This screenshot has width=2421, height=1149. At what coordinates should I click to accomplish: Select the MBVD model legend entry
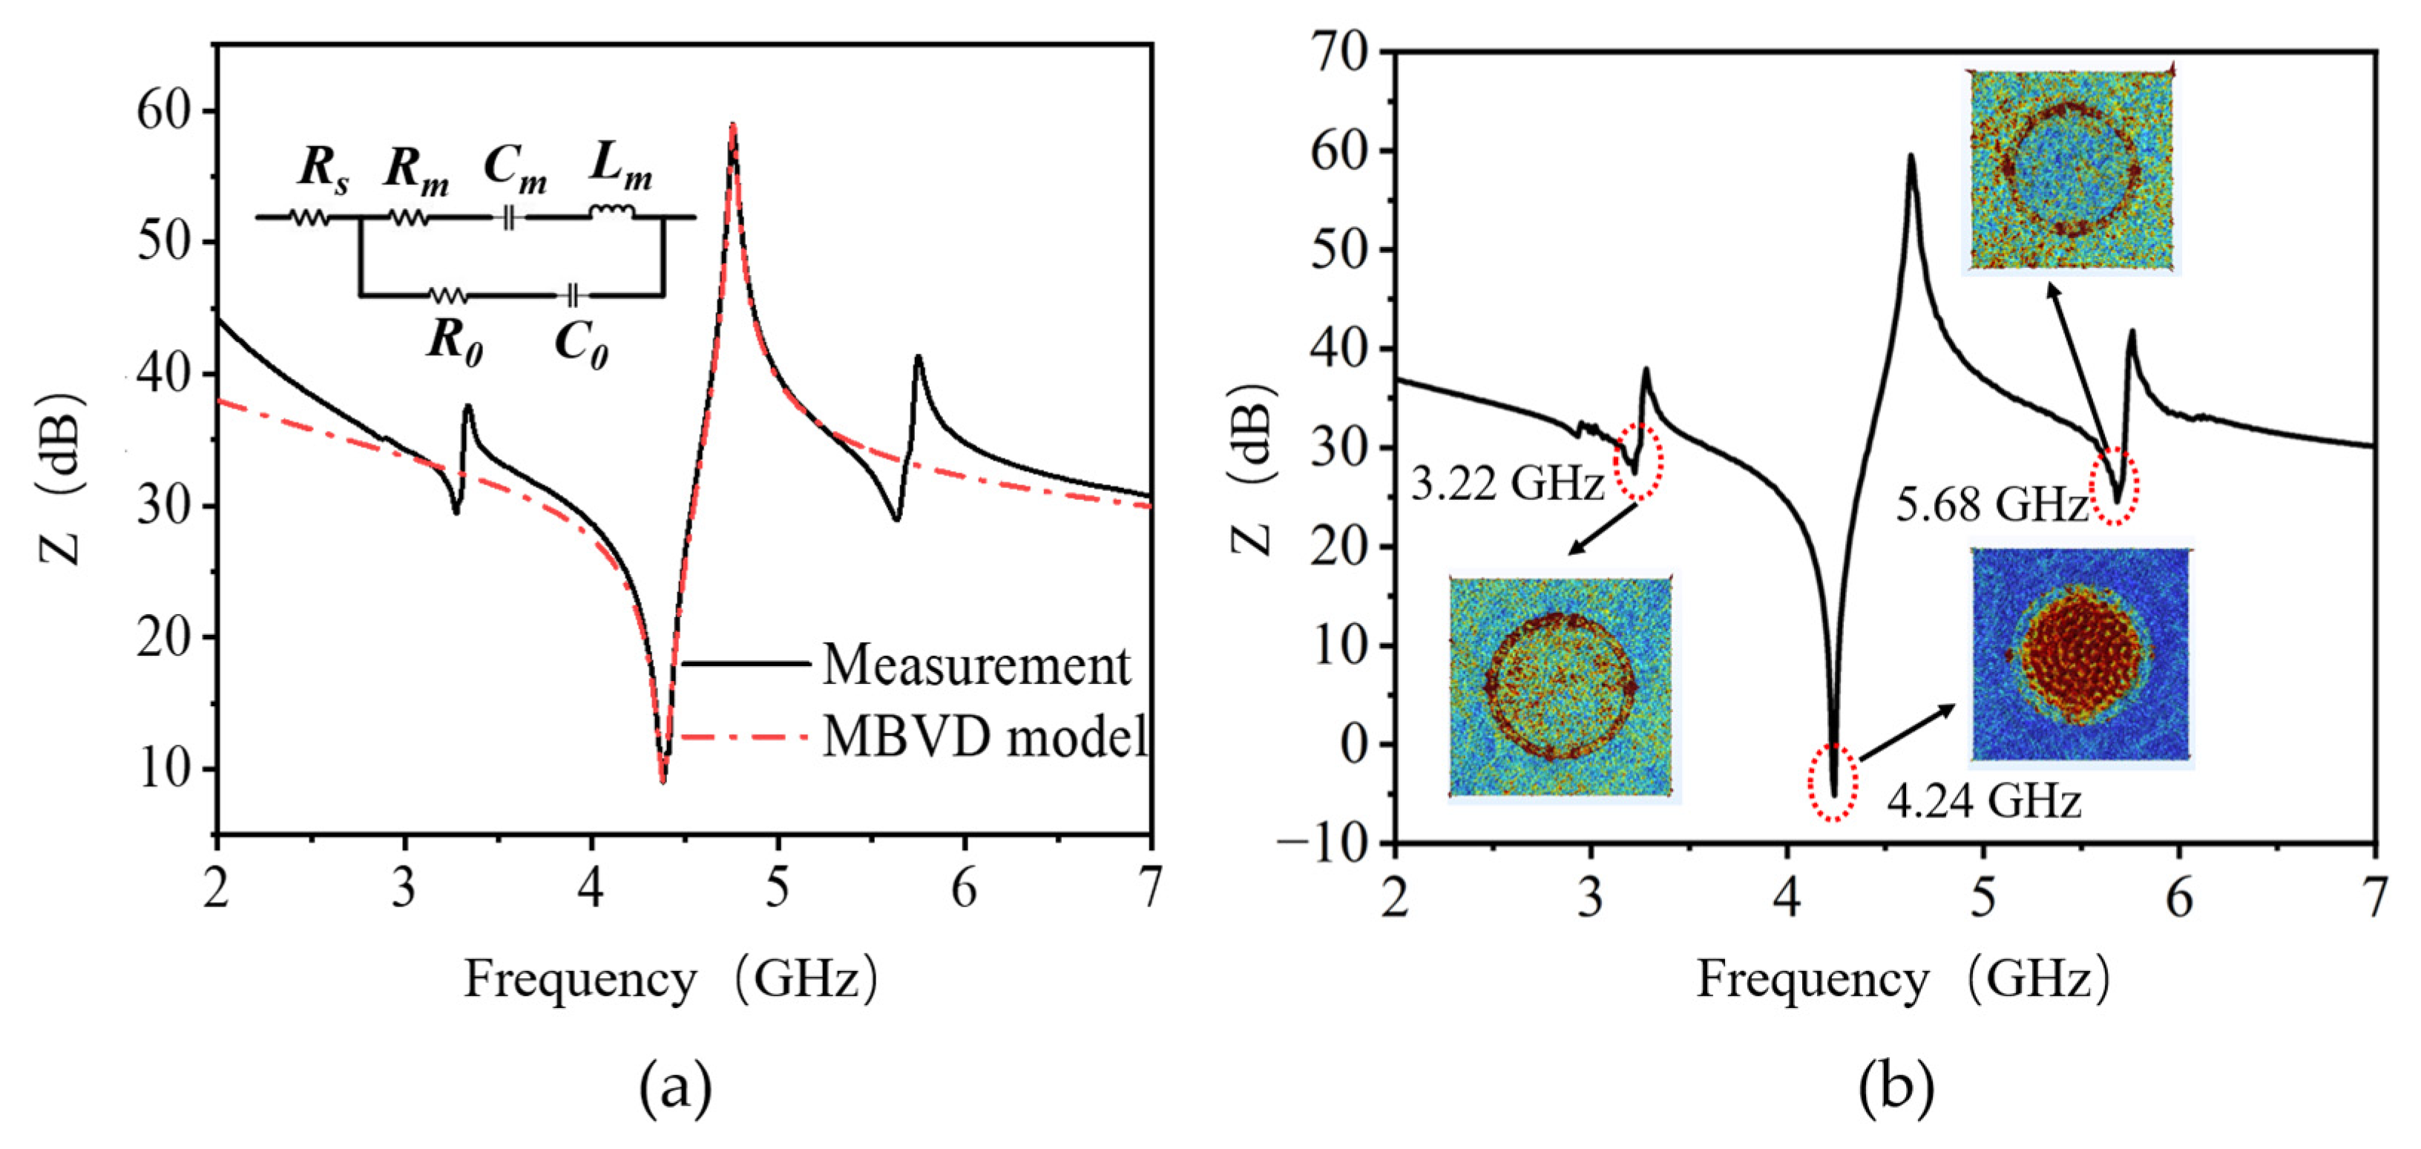(x=985, y=737)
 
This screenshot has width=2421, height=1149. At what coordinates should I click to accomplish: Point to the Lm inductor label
(x=620, y=167)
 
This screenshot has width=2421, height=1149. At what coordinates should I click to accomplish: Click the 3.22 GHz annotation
(x=1508, y=485)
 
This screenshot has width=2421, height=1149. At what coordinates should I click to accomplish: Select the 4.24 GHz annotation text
(x=1983, y=801)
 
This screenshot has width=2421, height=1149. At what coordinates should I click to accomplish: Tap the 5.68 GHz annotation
(x=1991, y=504)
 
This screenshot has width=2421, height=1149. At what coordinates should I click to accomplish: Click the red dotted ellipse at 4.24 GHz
(x=1833, y=782)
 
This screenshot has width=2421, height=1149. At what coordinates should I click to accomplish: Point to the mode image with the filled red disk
(x=2080, y=654)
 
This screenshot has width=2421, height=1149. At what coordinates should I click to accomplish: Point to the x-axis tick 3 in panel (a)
(x=403, y=888)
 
